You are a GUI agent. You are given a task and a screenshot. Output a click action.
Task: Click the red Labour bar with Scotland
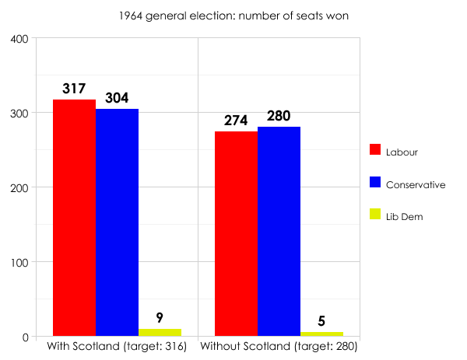point(74,218)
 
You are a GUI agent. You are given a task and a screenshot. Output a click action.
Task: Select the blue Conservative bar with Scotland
point(117,222)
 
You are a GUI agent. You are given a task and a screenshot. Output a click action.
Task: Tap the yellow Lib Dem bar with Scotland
point(160,333)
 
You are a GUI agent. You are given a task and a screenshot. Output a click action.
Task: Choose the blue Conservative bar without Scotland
point(279,231)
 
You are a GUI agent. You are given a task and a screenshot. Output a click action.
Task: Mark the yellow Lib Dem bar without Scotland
point(321,334)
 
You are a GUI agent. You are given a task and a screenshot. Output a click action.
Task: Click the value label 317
point(74,89)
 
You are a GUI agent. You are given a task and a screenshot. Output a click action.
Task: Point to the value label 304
point(116,98)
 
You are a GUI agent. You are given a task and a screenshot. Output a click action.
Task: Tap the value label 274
point(236,121)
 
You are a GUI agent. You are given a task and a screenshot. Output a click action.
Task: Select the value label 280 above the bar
point(278,116)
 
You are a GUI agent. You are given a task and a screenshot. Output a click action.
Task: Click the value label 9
point(160,317)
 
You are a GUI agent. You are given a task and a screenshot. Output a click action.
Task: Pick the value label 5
point(321,320)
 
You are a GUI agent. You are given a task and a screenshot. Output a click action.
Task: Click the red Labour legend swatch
point(374,151)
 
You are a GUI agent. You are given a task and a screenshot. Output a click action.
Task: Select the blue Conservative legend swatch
point(374,183)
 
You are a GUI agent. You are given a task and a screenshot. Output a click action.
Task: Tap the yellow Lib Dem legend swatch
point(374,216)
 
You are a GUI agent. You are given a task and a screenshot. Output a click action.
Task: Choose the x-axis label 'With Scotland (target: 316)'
point(117,346)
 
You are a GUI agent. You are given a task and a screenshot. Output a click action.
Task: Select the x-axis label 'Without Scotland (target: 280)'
point(279,346)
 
